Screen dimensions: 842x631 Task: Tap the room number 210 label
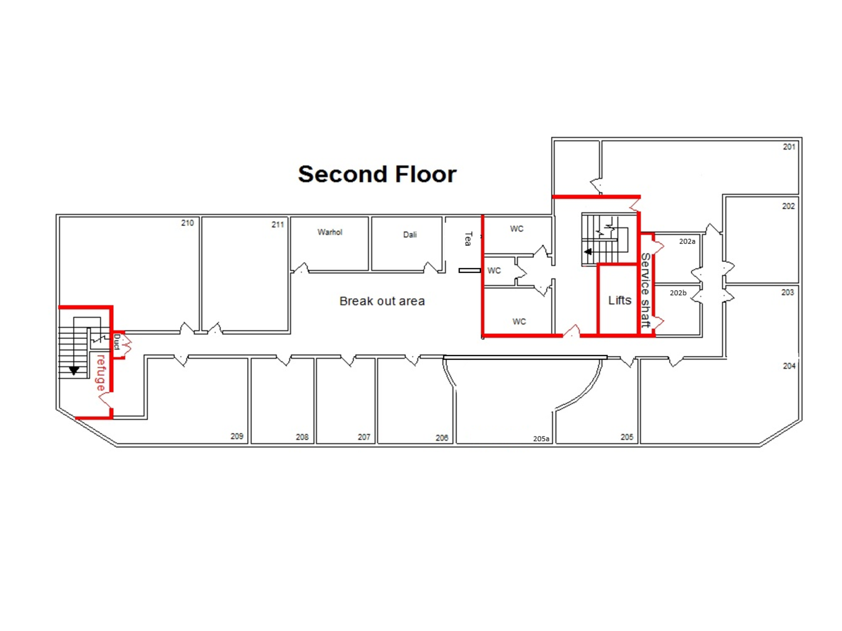[187, 223]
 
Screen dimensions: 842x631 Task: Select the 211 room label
[278, 224]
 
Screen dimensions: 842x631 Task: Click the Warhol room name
[330, 232]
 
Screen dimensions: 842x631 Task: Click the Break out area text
[382, 301]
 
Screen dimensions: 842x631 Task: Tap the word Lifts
[620, 300]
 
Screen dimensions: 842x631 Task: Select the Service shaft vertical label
[645, 290]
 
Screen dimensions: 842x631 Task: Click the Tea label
[468, 239]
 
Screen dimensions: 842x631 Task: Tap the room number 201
[789, 147]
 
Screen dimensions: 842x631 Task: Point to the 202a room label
[687, 241]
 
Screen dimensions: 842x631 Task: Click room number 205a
[541, 439]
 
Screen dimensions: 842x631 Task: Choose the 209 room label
[237, 436]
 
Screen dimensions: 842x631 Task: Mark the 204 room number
[789, 366]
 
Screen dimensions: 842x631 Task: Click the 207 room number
[364, 437]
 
